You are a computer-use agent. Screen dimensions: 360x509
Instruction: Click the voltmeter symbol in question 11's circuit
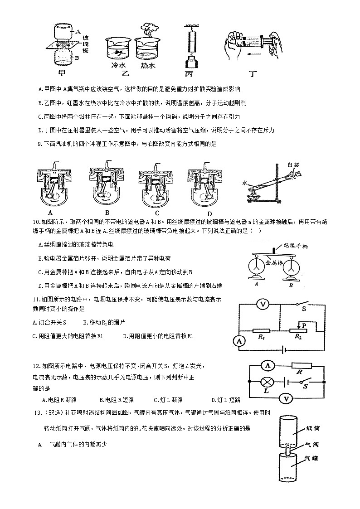pyautogui.click(x=262, y=305)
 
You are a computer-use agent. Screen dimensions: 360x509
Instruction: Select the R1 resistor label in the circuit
pyautogui.click(x=261, y=337)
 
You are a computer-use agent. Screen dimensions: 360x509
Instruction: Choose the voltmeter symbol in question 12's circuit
pyautogui.click(x=286, y=398)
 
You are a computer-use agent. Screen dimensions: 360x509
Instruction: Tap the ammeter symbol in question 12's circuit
pyautogui.click(x=268, y=365)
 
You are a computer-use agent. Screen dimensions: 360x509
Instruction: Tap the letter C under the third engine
pyautogui.click(x=157, y=213)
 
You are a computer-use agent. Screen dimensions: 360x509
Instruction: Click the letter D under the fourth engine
pyautogui.click(x=209, y=213)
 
